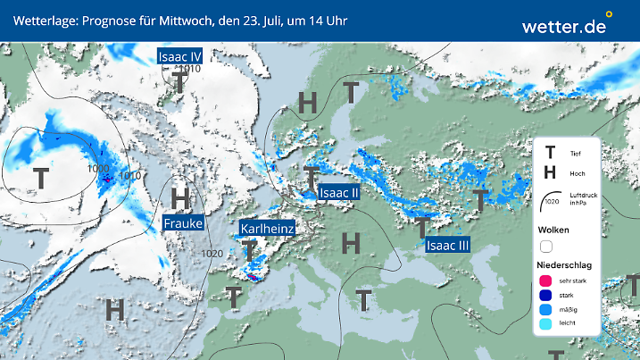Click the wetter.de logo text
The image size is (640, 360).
coord(564,27)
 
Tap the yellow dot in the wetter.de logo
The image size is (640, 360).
coord(609,14)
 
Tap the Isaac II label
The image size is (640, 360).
coord(339,192)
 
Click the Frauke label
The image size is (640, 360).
coord(183,222)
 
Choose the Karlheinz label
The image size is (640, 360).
coord(268,230)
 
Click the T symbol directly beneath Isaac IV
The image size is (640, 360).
coord(180,82)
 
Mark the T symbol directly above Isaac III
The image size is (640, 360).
coord(421,227)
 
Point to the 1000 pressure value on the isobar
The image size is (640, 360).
coord(98,169)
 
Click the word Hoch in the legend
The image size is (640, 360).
coord(578,173)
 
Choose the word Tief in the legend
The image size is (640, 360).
coord(577,154)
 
